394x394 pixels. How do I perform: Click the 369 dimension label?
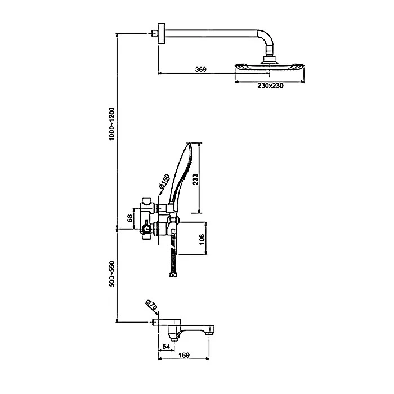pos(201,69)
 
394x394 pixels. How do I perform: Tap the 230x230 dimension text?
pos(270,86)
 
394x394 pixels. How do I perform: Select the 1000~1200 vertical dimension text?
pos(112,124)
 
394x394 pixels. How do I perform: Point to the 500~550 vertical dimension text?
pos(112,274)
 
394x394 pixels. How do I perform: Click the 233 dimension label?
pos(195,179)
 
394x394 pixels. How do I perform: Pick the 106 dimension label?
pos(202,240)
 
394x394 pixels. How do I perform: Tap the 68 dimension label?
pos(129,218)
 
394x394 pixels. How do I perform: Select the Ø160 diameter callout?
pos(164,181)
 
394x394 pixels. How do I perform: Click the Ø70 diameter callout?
pos(151,305)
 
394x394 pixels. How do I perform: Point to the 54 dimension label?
pos(167,347)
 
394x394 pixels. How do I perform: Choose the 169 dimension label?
pos(184,355)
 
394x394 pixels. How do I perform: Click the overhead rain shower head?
pos(270,66)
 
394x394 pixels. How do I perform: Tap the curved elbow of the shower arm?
pos(266,39)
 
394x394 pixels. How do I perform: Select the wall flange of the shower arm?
pos(162,33)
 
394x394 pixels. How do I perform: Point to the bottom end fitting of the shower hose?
pos(173,275)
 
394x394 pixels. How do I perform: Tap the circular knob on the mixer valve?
pos(146,229)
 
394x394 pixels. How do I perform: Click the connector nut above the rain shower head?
pos(270,59)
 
